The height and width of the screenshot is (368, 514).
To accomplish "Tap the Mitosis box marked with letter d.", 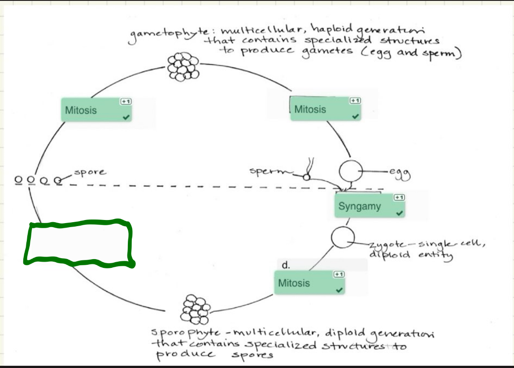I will (x=310, y=283).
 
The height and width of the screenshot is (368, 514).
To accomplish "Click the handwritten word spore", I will (x=90, y=172).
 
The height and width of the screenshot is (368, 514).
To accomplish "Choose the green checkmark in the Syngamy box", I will (x=399, y=213).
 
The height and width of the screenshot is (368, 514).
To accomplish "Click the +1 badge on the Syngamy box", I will (x=399, y=198).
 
